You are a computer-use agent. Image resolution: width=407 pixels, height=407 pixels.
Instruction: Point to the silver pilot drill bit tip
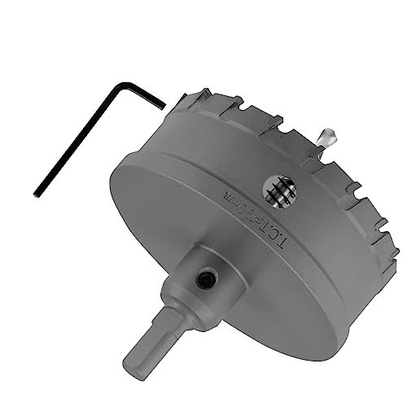(x=328, y=135)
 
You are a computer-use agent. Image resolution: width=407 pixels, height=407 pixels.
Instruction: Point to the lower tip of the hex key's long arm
(x=37, y=192)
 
